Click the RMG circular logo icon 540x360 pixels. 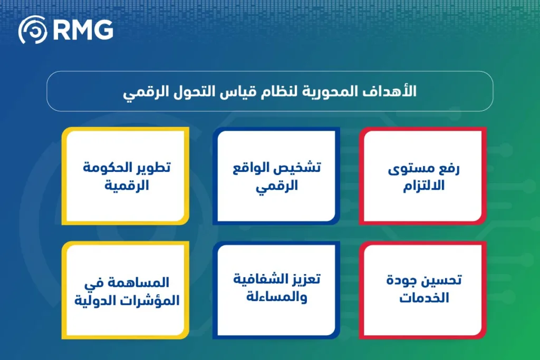click(33, 30)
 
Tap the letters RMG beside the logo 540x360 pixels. click(83, 30)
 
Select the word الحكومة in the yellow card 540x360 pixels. click(108, 168)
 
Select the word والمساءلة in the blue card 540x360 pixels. click(277, 297)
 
